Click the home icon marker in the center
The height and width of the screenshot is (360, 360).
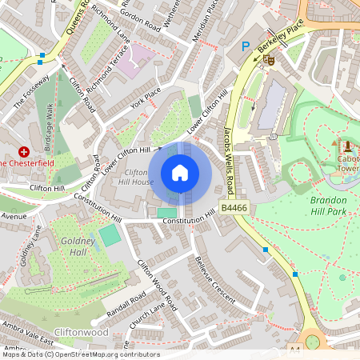(x=180, y=173)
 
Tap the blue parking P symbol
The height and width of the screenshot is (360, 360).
(x=246, y=47)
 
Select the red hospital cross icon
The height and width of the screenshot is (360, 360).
(x=24, y=151)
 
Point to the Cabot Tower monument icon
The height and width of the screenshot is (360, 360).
(x=347, y=146)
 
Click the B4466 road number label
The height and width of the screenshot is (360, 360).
(x=233, y=208)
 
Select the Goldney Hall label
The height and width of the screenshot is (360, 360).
(x=78, y=246)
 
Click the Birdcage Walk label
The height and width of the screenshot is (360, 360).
(x=54, y=127)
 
